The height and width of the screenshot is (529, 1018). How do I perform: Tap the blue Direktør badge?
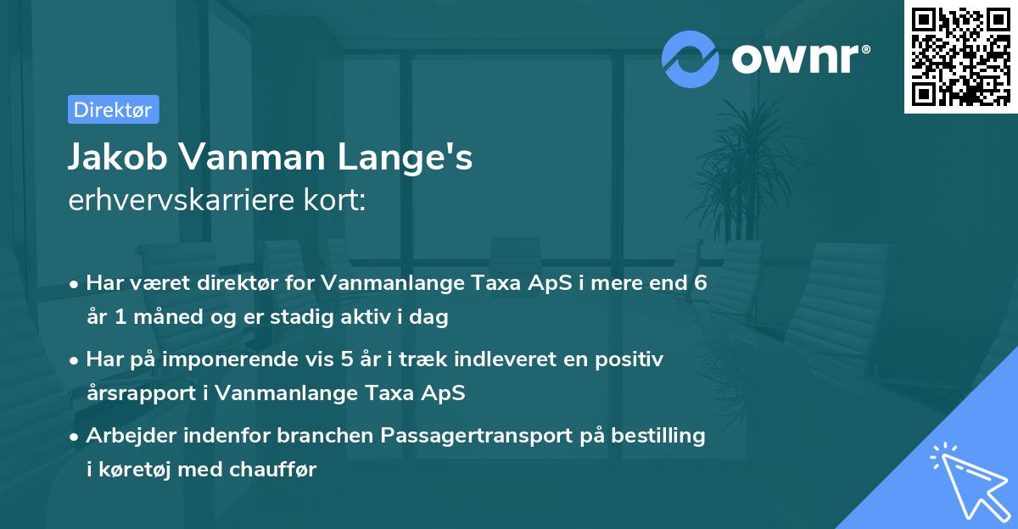(x=113, y=109)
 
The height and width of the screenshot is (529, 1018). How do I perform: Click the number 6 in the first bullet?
(x=700, y=282)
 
